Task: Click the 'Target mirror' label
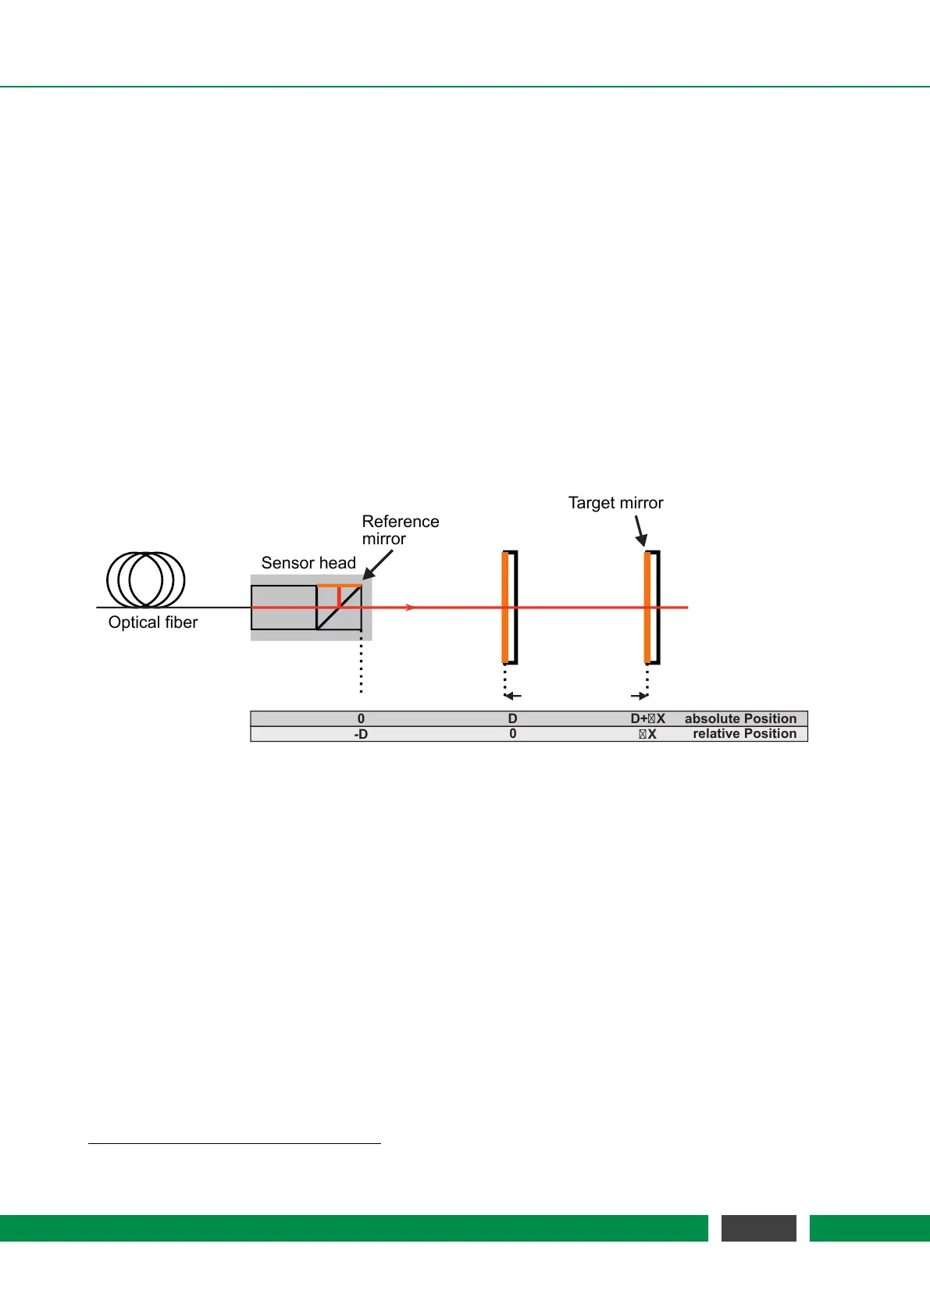point(615,503)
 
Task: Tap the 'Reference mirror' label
point(400,529)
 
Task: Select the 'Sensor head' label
point(308,563)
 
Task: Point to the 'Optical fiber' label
point(153,622)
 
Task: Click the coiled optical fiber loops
point(146,579)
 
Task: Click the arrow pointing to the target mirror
point(640,531)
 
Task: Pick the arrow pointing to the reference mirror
point(378,565)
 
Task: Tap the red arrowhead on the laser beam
point(410,608)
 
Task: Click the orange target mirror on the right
point(647,608)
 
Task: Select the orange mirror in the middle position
point(505,608)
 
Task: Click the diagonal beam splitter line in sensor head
point(339,608)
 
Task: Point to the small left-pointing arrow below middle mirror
point(512,696)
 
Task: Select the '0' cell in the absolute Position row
point(361,718)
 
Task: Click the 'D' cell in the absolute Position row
point(512,718)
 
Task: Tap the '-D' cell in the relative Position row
point(361,734)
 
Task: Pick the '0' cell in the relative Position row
point(512,734)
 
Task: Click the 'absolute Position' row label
point(740,718)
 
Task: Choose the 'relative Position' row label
point(744,734)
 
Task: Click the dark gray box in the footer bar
point(758,1228)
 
